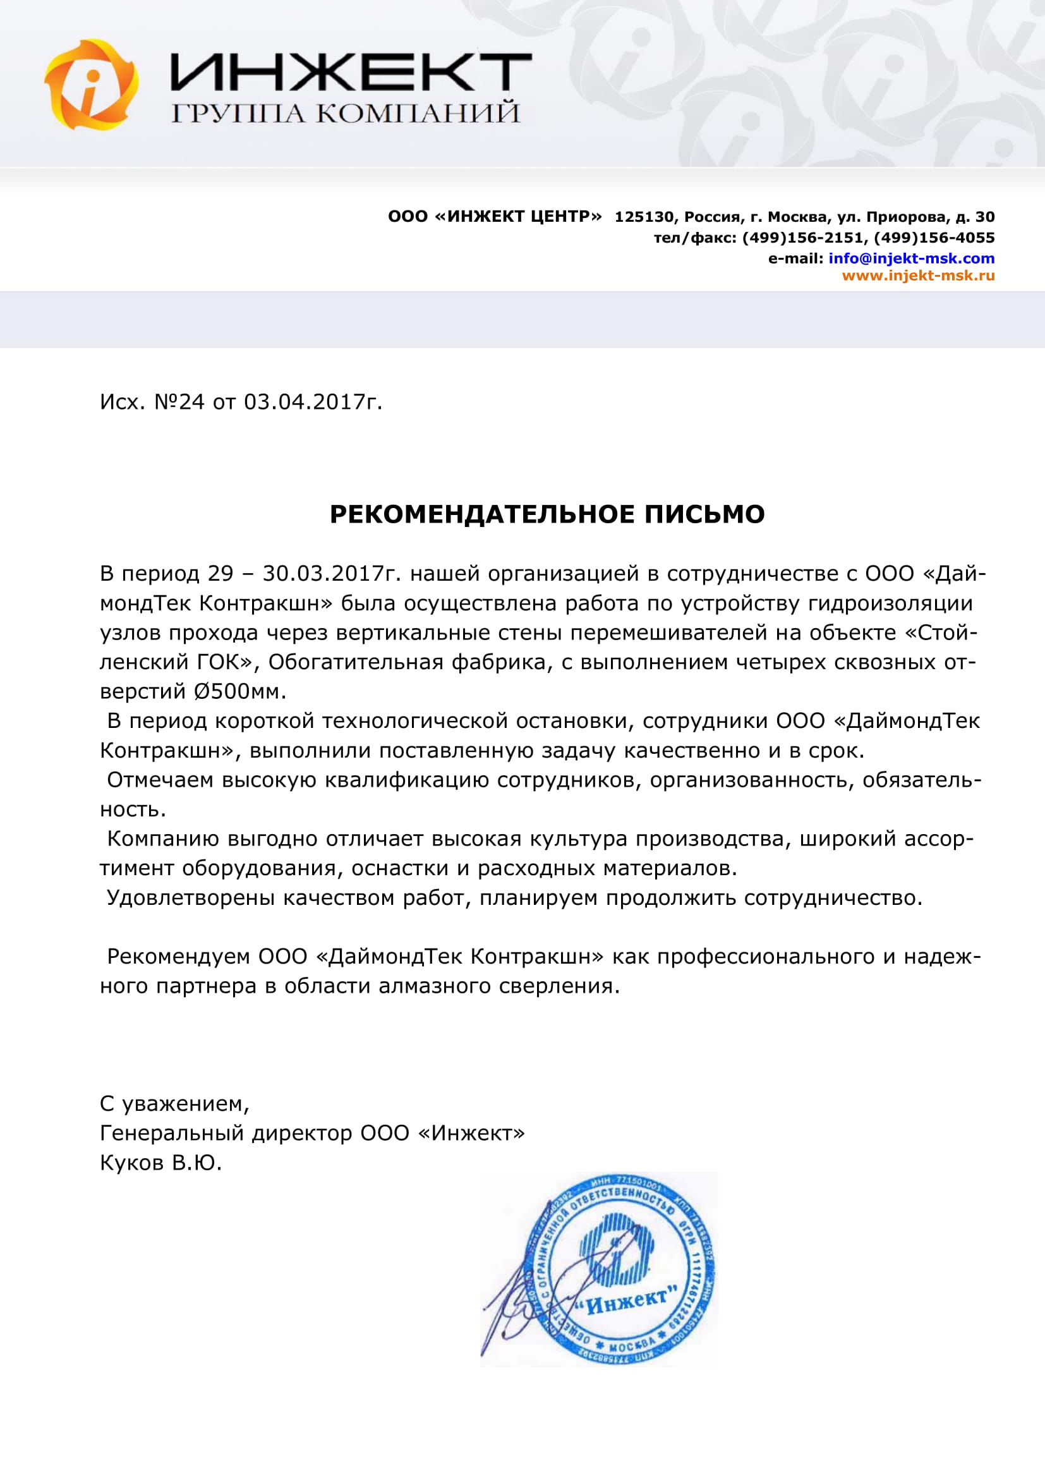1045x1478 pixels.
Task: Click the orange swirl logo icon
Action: click(92, 84)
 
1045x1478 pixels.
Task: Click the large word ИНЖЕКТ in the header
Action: click(351, 72)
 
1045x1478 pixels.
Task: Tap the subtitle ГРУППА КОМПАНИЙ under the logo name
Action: click(346, 112)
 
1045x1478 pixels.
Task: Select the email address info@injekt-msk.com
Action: click(911, 259)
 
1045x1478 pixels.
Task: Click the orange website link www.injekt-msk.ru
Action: click(918, 276)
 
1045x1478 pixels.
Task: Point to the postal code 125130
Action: click(643, 217)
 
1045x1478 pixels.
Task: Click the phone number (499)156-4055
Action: click(934, 238)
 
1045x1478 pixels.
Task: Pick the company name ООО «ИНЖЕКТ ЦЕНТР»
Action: click(495, 217)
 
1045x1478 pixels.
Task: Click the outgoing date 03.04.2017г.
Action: click(313, 402)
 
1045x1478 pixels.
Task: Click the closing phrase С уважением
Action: click(174, 1104)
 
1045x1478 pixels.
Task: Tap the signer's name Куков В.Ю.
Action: click(161, 1163)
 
